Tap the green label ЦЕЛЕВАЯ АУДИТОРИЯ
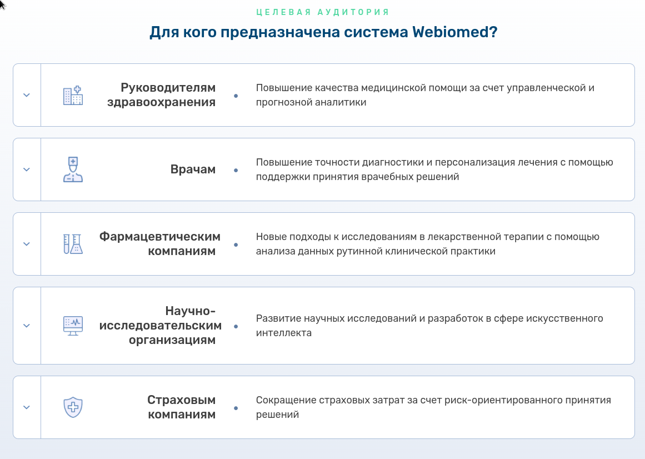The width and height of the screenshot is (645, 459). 322,12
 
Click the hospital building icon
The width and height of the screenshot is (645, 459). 73,96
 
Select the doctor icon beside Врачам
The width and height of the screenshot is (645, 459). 73,169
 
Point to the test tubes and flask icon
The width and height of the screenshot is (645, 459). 73,244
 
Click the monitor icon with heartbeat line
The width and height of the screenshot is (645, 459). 73,326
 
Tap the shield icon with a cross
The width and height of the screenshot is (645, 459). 73,407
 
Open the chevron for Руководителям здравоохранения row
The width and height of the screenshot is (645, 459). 27,95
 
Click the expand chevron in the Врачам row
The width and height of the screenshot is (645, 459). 27,169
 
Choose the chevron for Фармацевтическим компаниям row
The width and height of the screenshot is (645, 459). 27,244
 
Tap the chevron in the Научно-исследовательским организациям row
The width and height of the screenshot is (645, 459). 27,326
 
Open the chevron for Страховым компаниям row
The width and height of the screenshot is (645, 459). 27,407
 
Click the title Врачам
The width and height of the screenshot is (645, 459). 193,169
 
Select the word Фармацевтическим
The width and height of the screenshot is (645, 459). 160,237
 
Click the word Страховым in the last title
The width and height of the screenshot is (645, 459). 182,400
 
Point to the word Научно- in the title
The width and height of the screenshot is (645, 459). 191,311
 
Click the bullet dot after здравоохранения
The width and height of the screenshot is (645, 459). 236,96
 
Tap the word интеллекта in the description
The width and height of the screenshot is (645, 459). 284,333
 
